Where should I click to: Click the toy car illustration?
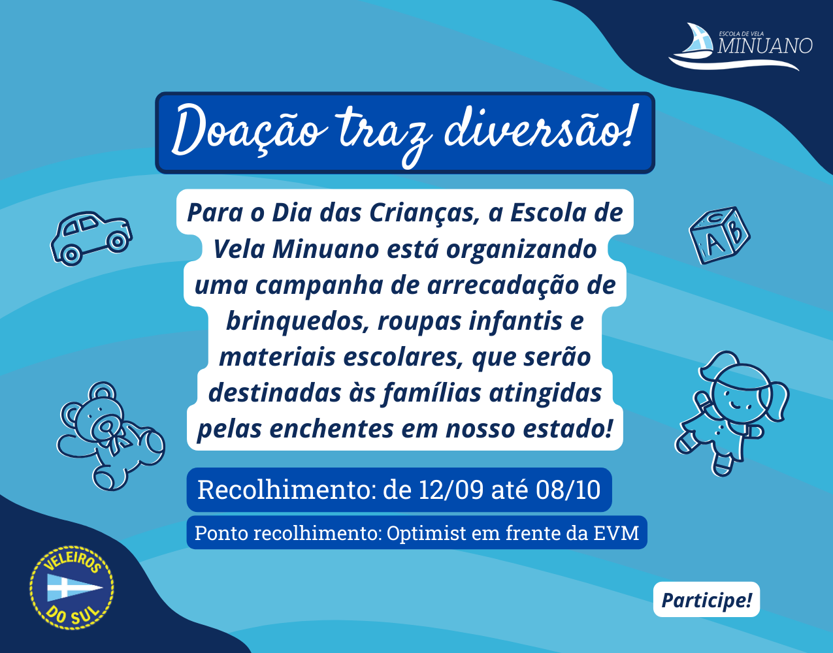(x=91, y=238)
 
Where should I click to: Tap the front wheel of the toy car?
(x=117, y=241)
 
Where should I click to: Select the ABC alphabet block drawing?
(x=719, y=235)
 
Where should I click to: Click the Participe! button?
(x=706, y=599)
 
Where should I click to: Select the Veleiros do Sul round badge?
(x=72, y=588)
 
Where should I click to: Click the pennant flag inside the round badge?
(x=74, y=588)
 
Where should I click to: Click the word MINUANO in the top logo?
(x=765, y=46)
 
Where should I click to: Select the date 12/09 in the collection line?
(x=451, y=490)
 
